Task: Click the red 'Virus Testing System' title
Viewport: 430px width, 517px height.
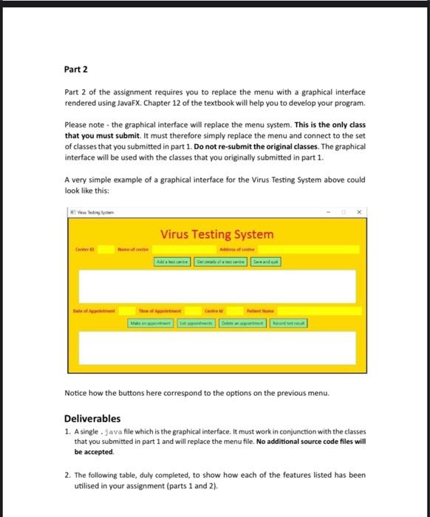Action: click(x=216, y=234)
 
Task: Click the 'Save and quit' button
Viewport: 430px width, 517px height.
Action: click(x=266, y=261)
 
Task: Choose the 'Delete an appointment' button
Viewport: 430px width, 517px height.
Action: click(x=242, y=323)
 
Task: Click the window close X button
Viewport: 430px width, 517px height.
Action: click(x=359, y=213)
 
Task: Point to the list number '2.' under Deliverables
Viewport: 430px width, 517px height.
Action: click(x=68, y=473)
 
